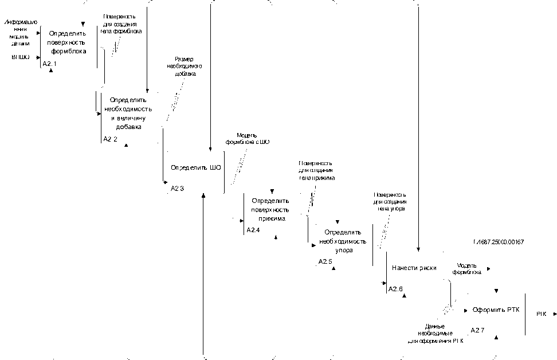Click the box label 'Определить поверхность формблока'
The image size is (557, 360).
66,42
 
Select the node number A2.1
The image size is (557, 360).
49,64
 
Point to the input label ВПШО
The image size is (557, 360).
21,57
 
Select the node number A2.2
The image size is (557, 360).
110,139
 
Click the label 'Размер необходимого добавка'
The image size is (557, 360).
184,66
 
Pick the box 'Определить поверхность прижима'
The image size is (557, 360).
271,210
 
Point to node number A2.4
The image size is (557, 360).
253,230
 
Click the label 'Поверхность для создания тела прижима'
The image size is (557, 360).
316,171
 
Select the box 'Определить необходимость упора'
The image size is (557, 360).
343,241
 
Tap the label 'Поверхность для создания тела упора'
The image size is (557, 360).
390,202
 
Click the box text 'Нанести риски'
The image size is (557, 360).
414,268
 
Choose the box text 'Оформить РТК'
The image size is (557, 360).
496,310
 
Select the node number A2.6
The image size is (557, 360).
396,289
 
